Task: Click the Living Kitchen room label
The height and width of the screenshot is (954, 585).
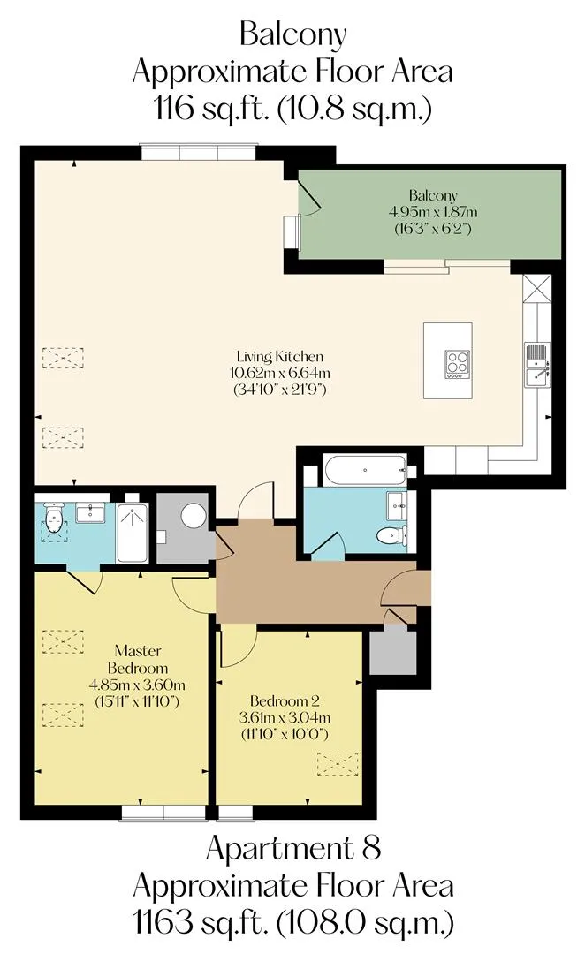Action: (280, 357)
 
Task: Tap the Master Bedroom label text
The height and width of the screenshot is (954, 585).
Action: (138, 659)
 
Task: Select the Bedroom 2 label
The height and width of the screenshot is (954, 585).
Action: (285, 700)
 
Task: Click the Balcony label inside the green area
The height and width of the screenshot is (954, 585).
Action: (433, 196)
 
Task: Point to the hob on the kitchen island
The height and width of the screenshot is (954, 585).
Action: (457, 364)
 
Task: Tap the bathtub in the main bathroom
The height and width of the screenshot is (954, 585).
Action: (365, 470)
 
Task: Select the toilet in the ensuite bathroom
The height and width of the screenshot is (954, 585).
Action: (55, 519)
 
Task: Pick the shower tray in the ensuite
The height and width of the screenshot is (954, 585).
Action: (132, 533)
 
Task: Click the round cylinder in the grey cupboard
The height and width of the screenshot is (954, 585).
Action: (194, 516)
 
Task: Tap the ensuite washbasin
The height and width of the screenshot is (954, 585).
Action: (91, 513)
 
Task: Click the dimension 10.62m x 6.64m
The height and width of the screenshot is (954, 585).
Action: (280, 373)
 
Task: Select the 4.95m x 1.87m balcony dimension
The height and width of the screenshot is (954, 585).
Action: (433, 212)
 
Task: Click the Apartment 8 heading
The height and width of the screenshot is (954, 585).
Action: (293, 848)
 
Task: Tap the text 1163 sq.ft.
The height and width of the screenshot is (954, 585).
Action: (201, 923)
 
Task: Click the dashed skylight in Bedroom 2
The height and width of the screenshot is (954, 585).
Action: (338, 763)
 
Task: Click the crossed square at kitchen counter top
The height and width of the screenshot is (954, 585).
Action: (537, 289)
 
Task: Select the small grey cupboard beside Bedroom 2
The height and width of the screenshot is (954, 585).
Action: (392, 652)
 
